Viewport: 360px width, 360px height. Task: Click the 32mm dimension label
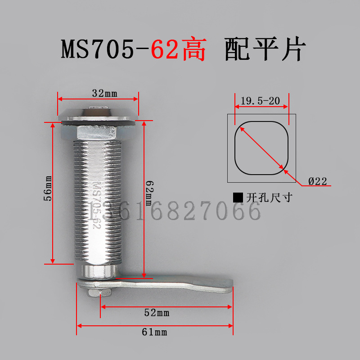104,94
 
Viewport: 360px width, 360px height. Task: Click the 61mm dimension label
154,332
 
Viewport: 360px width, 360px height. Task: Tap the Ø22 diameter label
317,181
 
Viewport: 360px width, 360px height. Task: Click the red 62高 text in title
178,50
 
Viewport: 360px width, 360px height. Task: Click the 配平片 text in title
265,50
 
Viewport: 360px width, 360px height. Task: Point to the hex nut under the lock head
99,132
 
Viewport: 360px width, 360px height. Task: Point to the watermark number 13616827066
175,211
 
